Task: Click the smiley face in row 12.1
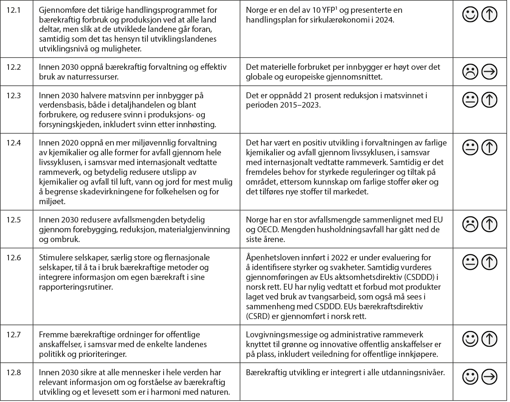469,15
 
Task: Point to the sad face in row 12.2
469,73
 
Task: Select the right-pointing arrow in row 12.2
490,73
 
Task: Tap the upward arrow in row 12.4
490,147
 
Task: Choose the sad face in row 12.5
469,224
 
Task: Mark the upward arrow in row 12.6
490,262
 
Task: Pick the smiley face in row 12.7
469,339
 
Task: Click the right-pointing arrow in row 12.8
490,377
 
